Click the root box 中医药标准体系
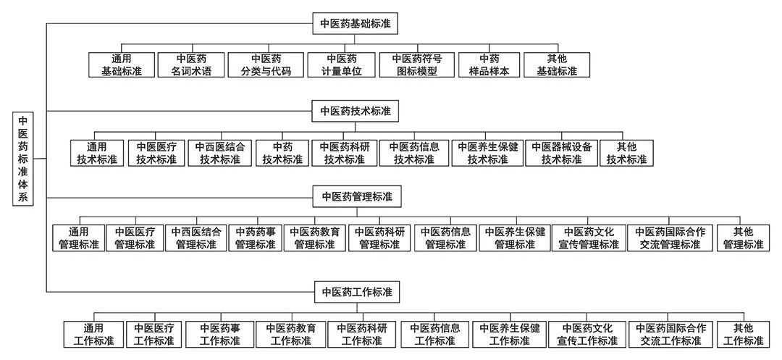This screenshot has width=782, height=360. (x=22, y=160)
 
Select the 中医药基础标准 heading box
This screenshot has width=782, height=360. (x=356, y=22)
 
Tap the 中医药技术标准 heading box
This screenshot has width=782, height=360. (x=356, y=111)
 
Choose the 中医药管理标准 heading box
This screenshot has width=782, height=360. (x=356, y=196)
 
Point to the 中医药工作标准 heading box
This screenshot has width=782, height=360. (x=356, y=292)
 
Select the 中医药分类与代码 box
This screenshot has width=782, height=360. (x=265, y=65)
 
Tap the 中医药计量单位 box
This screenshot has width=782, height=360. (x=340, y=65)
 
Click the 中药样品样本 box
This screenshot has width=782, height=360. (x=489, y=65)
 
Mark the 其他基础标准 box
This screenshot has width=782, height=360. (x=557, y=65)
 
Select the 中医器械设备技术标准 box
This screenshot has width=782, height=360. (x=561, y=153)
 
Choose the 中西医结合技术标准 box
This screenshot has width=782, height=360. (x=220, y=153)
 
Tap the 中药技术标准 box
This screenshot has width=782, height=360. (x=282, y=153)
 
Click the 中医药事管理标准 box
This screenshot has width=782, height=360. (x=256, y=238)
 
